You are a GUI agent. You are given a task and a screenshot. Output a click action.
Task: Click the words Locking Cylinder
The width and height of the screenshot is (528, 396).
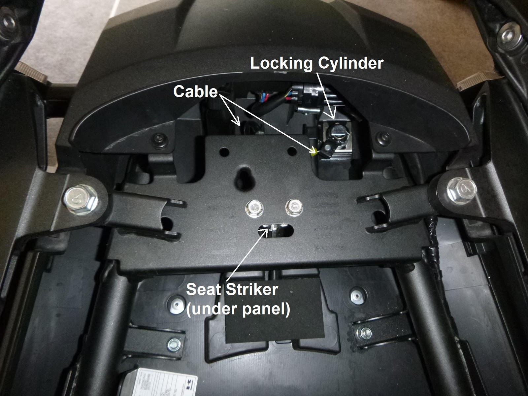click(317, 63)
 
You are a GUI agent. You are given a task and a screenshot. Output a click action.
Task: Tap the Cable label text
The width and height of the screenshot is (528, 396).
click(195, 92)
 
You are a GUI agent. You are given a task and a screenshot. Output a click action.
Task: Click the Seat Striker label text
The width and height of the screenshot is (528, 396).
click(232, 290)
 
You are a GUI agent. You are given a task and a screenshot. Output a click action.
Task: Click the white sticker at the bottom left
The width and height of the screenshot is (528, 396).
click(155, 383)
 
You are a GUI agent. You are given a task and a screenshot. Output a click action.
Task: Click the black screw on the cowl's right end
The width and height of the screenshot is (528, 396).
click(383, 136)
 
